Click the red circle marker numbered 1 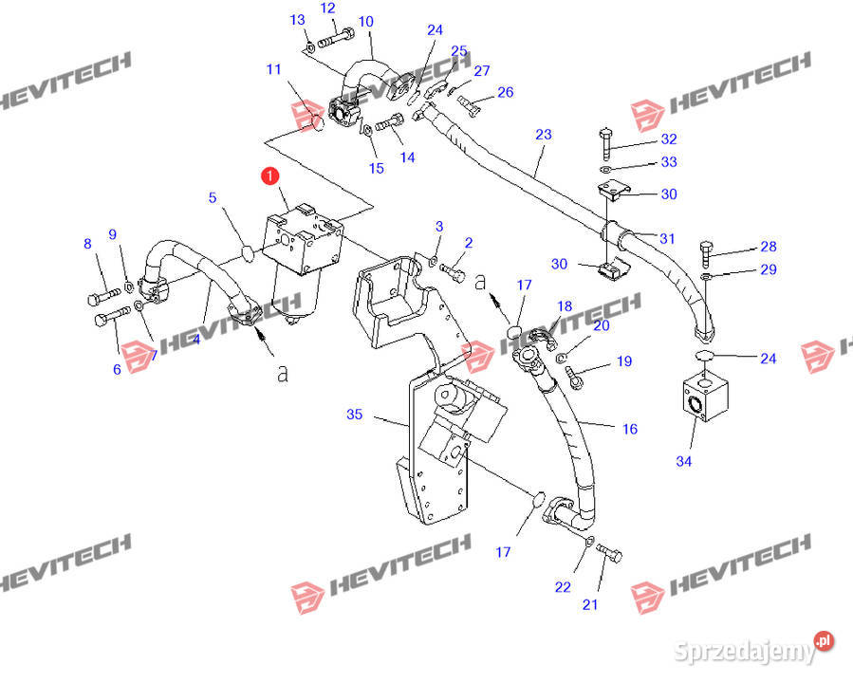pos(270,175)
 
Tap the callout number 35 pos(355,415)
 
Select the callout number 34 pos(684,461)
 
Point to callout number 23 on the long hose pos(543,135)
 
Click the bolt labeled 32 pos(604,144)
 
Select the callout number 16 pos(629,429)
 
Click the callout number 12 pos(328,9)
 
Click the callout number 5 pos(213,198)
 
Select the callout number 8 pos(88,244)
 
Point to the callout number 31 pos(669,237)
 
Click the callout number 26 pos(505,92)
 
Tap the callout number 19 pos(623,360)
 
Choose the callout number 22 pos(563,587)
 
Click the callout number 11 pos(274,69)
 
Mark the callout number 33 pos(669,162)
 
